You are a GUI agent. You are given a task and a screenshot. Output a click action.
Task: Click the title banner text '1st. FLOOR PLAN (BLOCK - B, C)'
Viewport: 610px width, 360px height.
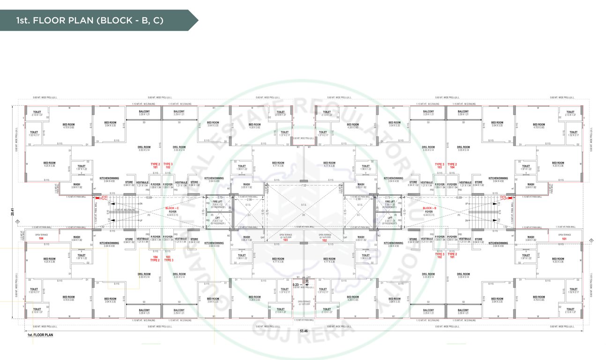(x=89, y=21)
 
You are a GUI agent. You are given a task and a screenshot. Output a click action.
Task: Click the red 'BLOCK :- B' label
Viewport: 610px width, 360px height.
(x=429, y=208)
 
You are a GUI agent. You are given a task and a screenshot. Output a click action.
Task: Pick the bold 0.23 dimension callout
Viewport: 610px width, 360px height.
(x=296, y=284)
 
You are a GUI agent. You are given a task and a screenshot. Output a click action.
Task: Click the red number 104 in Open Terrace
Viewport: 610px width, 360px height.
(x=41, y=239)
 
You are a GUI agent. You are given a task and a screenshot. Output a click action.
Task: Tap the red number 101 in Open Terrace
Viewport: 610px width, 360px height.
(x=564, y=239)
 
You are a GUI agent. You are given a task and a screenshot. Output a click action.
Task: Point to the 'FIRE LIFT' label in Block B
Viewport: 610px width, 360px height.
(x=390, y=202)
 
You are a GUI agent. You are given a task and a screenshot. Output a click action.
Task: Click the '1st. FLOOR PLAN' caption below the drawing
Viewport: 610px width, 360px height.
(x=40, y=335)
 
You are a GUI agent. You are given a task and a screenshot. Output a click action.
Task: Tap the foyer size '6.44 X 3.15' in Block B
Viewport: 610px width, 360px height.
(x=429, y=215)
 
